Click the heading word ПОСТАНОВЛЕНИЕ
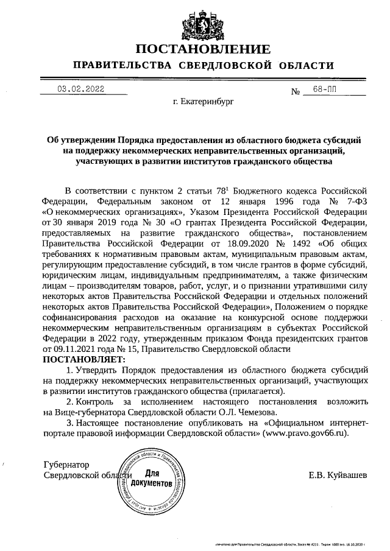click(x=202, y=49)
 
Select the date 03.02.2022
click(x=81, y=89)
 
